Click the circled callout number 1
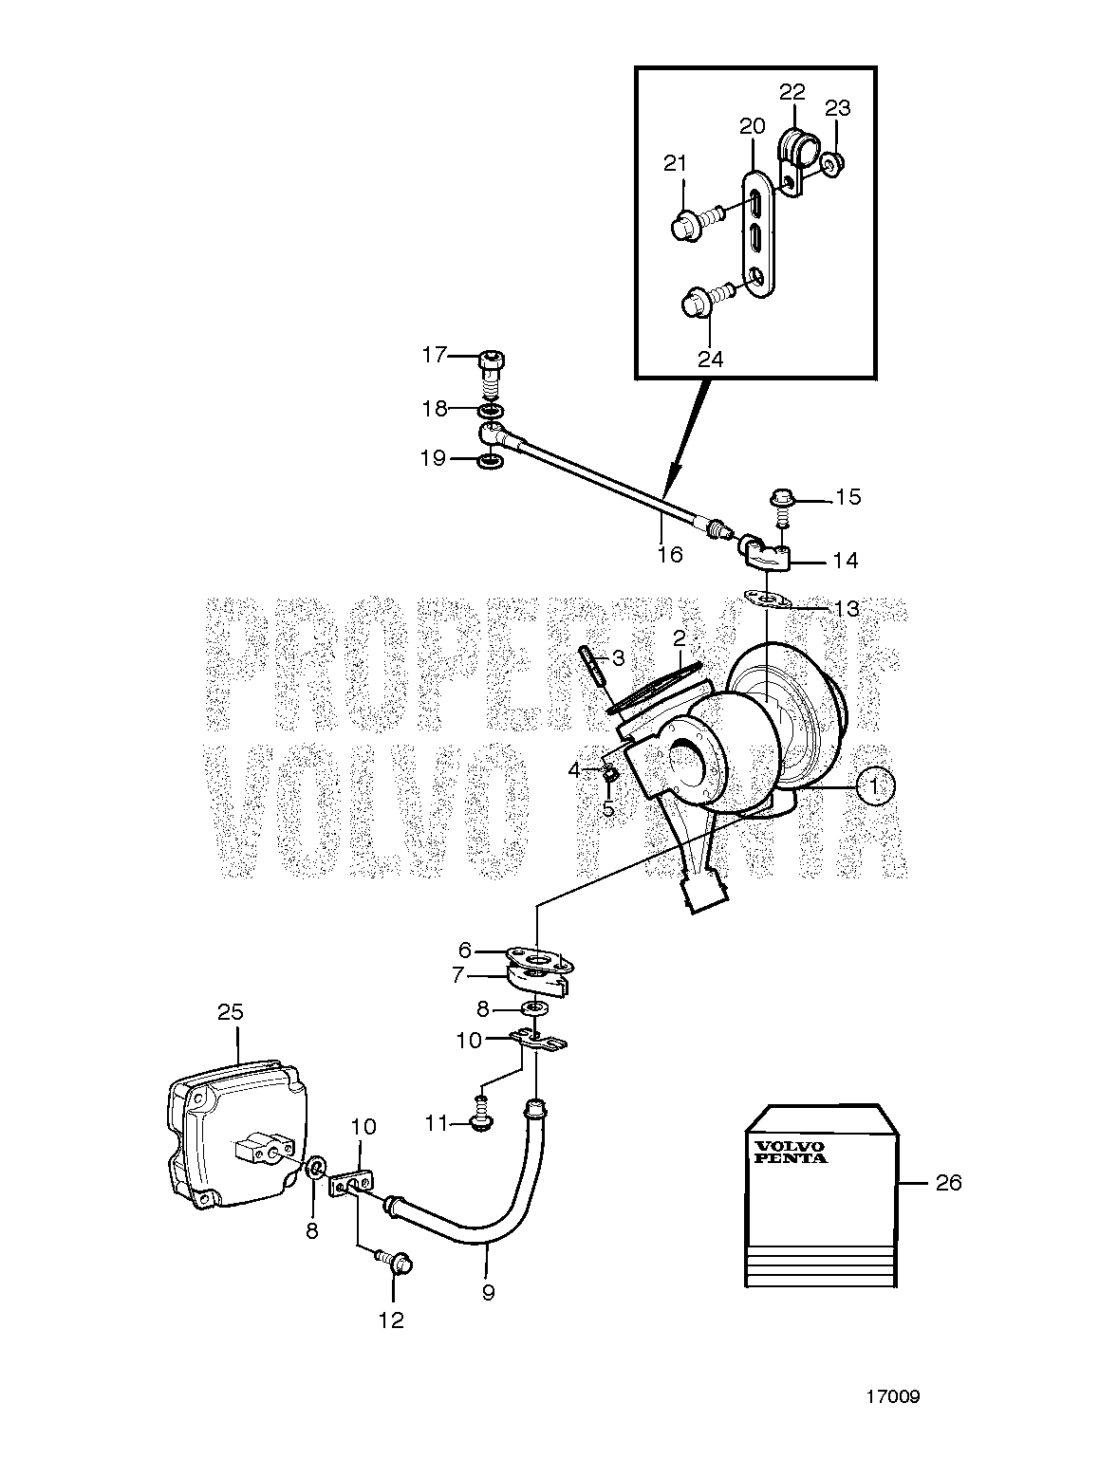(876, 786)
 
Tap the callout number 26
(948, 1183)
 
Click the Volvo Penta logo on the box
(790, 1152)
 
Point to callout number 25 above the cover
(231, 1012)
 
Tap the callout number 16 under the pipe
(670, 554)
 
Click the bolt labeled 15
(782, 509)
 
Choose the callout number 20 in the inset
(753, 126)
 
